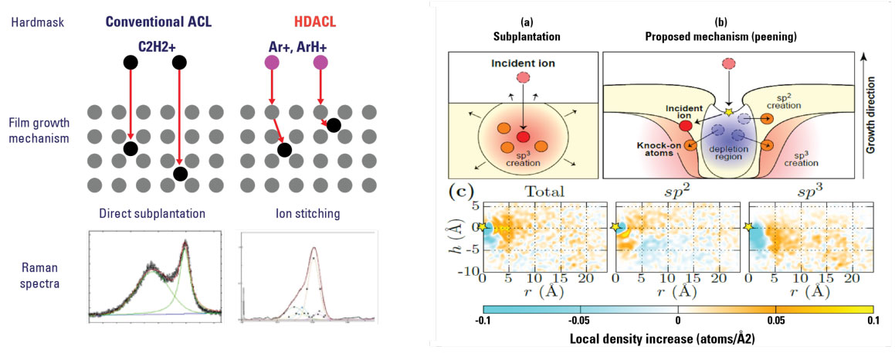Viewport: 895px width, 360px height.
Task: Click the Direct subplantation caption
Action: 144,212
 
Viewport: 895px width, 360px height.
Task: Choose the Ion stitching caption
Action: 288,212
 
